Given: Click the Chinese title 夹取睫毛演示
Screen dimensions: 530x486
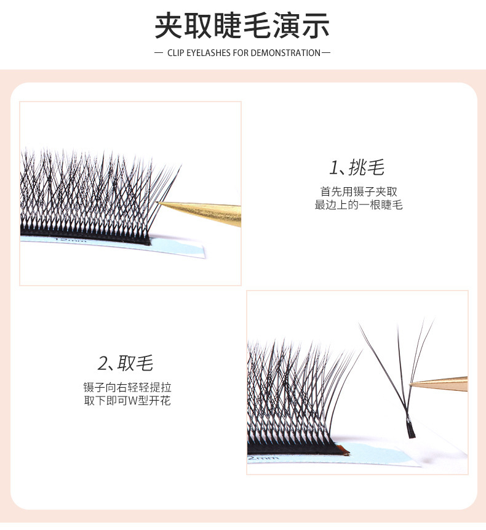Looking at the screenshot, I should point(242,26).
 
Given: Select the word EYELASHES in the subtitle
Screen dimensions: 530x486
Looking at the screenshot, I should point(209,53).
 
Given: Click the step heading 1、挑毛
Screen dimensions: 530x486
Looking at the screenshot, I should point(357,167).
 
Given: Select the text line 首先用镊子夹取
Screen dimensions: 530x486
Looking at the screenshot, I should point(359,191).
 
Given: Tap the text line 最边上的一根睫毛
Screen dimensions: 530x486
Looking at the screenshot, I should point(359,205).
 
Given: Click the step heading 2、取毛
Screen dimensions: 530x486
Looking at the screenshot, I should point(125,363).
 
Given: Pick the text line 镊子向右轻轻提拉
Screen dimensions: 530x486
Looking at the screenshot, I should point(127,388).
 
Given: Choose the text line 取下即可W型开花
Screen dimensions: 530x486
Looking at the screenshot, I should point(127,401).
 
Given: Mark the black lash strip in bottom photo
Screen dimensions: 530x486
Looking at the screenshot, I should point(295,448).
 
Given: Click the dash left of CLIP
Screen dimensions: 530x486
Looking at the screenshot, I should point(159,53).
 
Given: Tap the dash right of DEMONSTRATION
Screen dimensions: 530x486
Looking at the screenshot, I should point(326,53).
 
